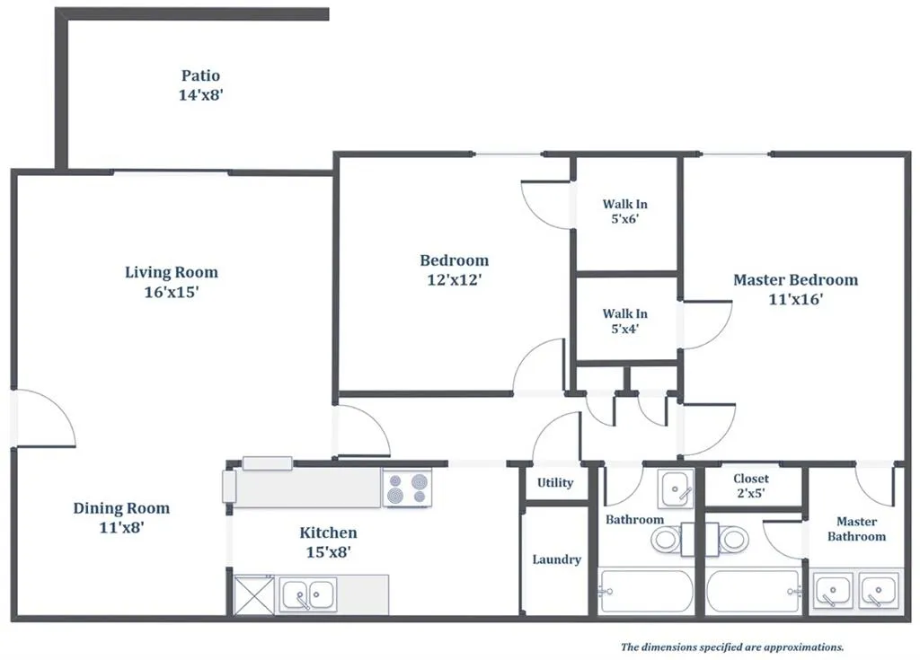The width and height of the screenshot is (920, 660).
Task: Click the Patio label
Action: [199, 75]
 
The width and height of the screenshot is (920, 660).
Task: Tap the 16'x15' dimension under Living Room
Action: [171, 292]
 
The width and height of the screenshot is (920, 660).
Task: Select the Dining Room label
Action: [121, 508]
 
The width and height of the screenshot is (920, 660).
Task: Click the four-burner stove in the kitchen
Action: [407, 488]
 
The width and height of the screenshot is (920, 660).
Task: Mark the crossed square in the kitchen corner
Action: [252, 594]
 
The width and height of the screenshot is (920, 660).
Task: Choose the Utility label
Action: [555, 482]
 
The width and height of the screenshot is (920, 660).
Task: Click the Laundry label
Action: [556, 559]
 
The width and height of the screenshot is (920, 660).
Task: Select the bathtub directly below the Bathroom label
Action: [647, 592]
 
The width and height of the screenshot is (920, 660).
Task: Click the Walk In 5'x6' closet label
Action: [625, 211]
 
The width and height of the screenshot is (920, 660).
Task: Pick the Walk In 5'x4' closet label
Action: [625, 321]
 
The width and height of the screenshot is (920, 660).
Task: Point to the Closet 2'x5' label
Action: [750, 485]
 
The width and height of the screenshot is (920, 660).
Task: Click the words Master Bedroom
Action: [795, 280]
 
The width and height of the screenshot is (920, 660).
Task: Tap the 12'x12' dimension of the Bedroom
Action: [455, 280]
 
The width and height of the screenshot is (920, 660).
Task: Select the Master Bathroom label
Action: [856, 529]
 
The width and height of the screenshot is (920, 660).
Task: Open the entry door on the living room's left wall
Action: [43, 418]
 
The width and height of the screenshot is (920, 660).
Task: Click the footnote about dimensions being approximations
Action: [732, 647]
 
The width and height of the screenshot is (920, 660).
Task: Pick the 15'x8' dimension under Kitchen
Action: [328, 552]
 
